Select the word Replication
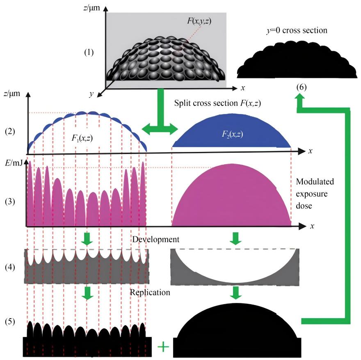pyautogui.click(x=150, y=292)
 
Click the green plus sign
pyautogui.click(x=163, y=347)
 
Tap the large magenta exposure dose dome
pyautogui.click(x=232, y=197)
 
